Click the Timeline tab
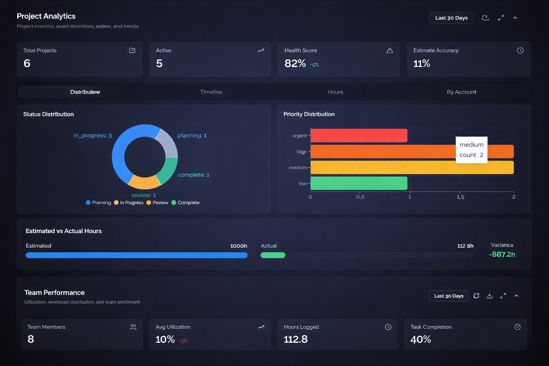coord(211,92)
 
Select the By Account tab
coord(461,92)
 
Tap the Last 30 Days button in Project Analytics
coord(451,18)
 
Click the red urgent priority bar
coord(358,135)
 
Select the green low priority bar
coord(358,183)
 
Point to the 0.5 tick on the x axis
coord(360,197)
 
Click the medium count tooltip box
coord(471,150)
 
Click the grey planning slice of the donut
coord(167,142)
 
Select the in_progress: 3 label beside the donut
coord(92,135)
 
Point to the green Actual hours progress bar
coord(273,255)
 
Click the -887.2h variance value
coord(502,254)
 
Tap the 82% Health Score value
coord(295,64)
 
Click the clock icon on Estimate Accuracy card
coord(520,50)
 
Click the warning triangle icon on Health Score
coord(390,50)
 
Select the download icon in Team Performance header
coord(490,296)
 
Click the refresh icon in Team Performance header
coord(476,296)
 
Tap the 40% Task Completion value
coord(421,339)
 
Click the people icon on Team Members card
coord(133,327)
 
